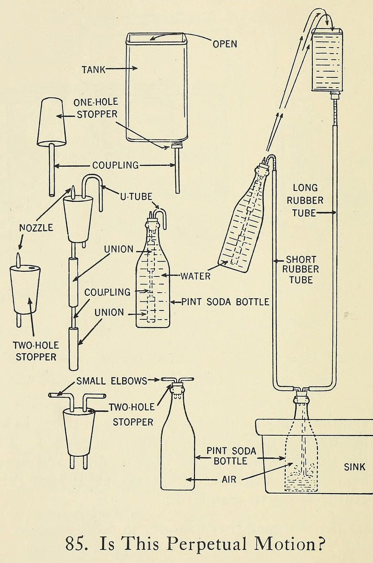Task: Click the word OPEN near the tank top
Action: coord(225,44)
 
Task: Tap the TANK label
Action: coord(94,70)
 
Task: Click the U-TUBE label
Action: coord(136,197)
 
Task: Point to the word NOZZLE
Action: coord(36,228)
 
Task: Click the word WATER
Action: coord(196,275)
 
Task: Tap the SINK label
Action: coord(354,467)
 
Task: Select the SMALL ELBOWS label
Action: coord(111,380)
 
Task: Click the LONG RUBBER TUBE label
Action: coord(305,200)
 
